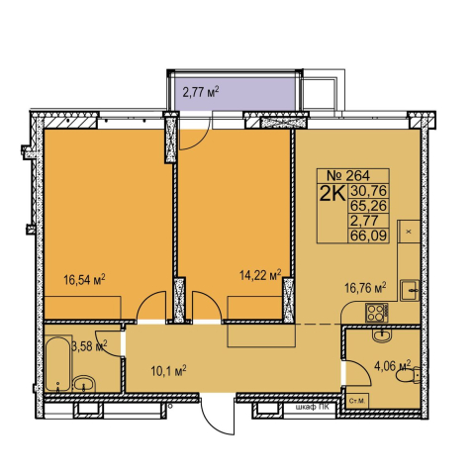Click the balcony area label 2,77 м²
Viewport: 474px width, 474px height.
click(x=201, y=91)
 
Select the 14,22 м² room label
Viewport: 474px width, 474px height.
click(x=260, y=274)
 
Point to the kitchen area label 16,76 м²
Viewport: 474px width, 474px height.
click(x=365, y=288)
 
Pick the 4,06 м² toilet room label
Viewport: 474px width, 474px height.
click(x=392, y=365)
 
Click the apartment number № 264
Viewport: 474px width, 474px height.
click(x=348, y=175)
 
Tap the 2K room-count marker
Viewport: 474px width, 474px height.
click(x=332, y=193)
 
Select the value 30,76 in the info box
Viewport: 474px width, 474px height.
click(x=368, y=191)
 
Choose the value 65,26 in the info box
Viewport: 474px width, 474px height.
click(x=368, y=206)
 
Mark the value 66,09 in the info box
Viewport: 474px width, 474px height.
click(x=368, y=236)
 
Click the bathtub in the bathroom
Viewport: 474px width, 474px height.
click(x=58, y=363)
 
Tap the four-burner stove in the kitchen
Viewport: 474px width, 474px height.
click(x=376, y=313)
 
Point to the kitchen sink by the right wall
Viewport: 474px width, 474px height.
click(x=410, y=290)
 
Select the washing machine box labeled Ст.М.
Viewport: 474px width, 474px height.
click(x=357, y=401)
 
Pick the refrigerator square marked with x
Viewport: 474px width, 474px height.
click(x=409, y=232)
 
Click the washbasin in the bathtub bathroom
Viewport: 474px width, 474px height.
click(x=84, y=384)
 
